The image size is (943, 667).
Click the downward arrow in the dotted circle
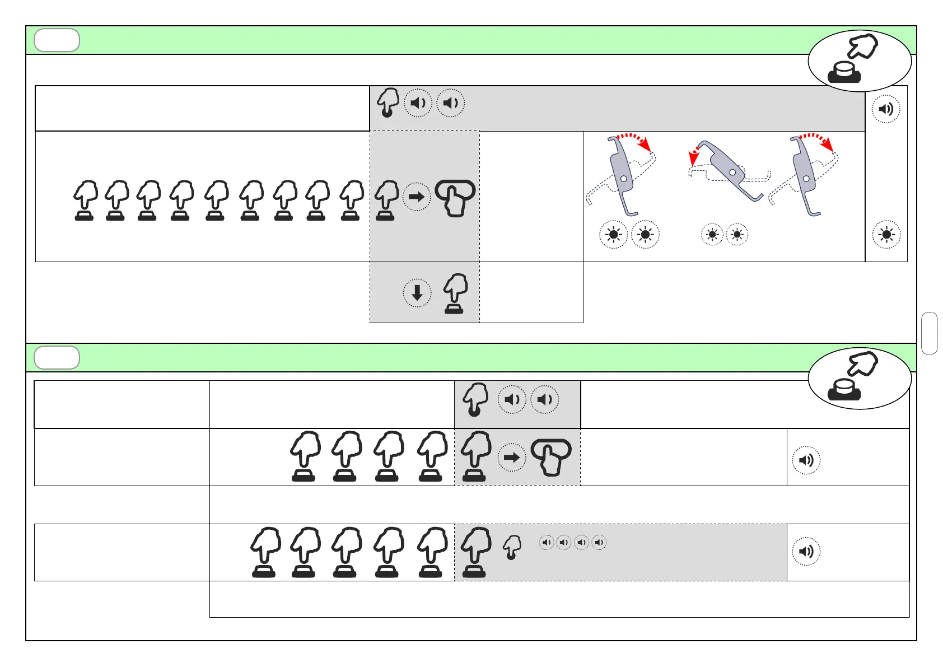417,293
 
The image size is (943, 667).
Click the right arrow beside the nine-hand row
417,197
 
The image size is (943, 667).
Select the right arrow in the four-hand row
512,458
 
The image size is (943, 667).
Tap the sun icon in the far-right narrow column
886,235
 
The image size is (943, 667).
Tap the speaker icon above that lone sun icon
886,109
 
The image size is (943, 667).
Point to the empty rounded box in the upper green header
57,40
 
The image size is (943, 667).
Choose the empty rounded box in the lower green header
57,358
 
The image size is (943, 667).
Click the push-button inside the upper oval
844,73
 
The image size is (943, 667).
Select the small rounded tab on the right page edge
929,333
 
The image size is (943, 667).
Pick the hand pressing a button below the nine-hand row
455,293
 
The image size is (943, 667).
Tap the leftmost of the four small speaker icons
547,542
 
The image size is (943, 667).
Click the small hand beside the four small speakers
512,547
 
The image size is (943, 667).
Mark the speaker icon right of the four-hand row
806,460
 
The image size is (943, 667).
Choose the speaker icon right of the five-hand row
806,551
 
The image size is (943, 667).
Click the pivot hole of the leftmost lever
624,179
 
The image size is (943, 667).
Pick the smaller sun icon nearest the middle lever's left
712,235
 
